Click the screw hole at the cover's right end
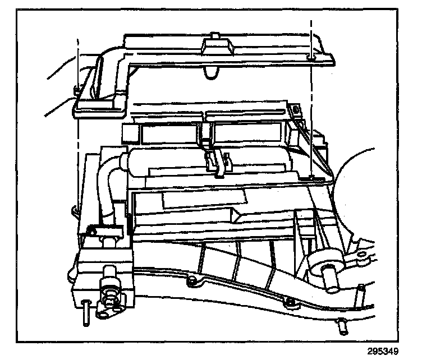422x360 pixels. click(x=310, y=57)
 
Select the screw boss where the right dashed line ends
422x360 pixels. click(x=311, y=178)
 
